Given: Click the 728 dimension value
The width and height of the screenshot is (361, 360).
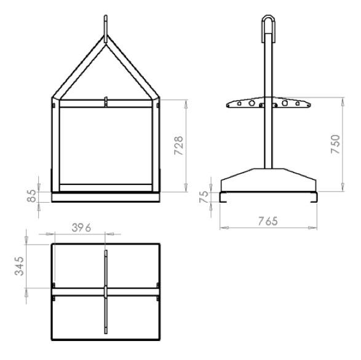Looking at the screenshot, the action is (178, 146).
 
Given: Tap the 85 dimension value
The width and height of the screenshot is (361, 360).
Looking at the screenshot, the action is (31, 196).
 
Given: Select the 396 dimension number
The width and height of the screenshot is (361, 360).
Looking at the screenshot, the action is (81, 228).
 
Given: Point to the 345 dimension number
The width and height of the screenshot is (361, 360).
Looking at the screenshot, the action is (19, 266).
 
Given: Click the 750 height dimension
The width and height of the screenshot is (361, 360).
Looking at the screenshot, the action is (335, 144).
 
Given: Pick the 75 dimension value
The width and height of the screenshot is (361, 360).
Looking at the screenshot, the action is (204, 197).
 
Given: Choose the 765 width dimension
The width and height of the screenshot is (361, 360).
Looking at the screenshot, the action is (268, 221).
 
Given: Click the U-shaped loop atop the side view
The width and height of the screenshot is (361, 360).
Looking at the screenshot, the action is (269, 17).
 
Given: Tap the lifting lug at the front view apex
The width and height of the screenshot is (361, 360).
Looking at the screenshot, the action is (106, 29).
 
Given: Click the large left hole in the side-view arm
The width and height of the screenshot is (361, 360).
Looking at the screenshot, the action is (252, 103).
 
